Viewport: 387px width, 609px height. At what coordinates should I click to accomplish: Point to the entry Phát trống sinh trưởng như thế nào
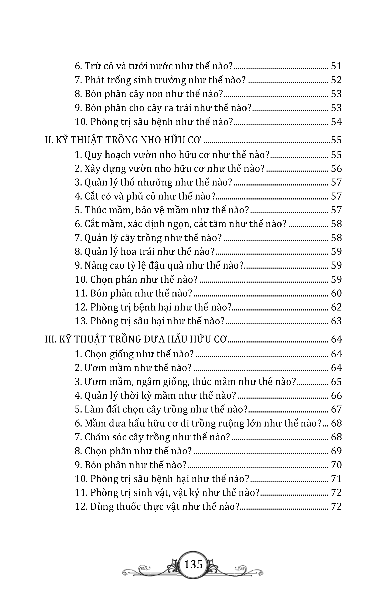pos(160,80)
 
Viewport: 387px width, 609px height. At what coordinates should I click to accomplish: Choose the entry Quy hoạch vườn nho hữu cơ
pos(172,155)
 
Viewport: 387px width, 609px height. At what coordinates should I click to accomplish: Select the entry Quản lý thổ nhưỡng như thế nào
pos(153,183)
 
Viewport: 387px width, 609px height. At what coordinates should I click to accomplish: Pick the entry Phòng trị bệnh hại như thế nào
pos(153,307)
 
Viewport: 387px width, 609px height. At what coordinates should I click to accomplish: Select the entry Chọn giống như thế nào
pos(134,354)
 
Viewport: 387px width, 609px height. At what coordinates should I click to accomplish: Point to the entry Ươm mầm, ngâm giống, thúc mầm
pos(185,382)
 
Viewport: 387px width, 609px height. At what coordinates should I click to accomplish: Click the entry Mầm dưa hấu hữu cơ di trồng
pos(198,424)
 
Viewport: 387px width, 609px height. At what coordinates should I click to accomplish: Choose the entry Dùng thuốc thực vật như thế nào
pos(157,507)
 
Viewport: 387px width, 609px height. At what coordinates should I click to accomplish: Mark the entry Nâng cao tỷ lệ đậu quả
pos(159,265)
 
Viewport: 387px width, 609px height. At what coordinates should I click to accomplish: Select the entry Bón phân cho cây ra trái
pos(163,108)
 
